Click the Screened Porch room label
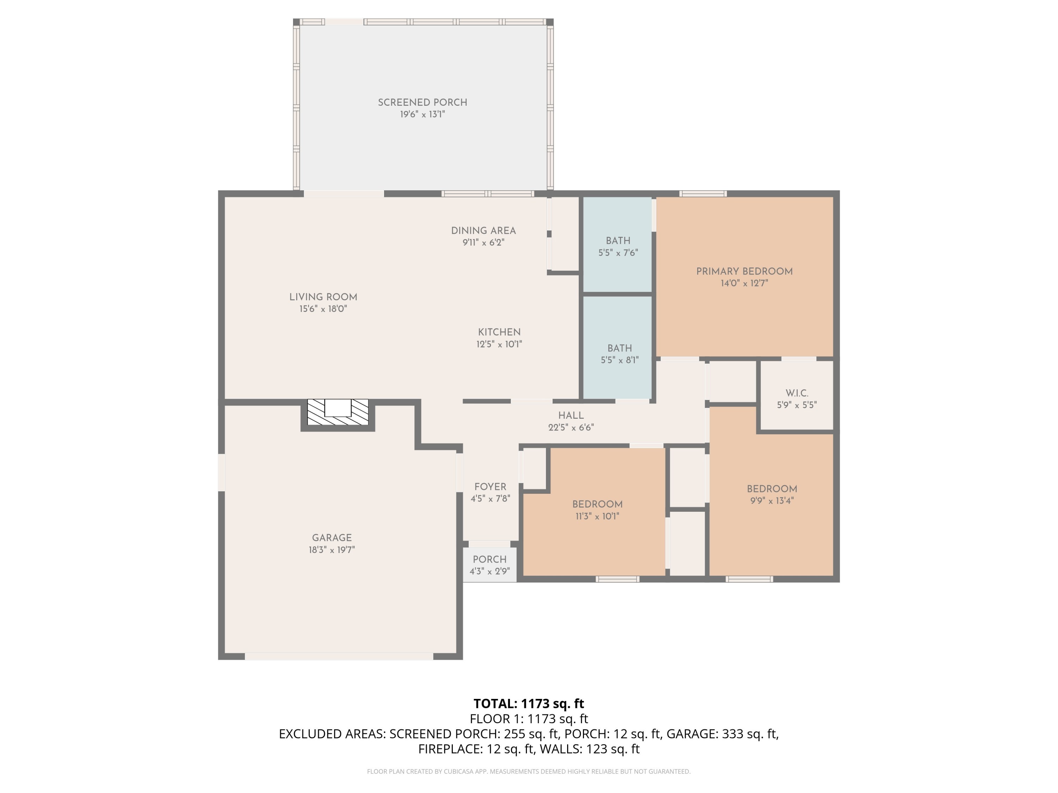click(422, 102)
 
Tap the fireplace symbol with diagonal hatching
click(338, 412)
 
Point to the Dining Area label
click(483, 230)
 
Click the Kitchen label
click(499, 332)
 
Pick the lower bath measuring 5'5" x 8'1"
click(618, 348)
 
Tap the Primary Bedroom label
click(744, 271)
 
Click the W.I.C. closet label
click(797, 393)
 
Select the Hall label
click(571, 416)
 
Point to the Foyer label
click(490, 487)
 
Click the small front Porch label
click(490, 559)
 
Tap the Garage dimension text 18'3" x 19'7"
click(332, 550)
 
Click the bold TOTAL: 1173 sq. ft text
click(529, 703)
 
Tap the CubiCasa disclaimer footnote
click(529, 772)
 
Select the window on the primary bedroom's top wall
click(703, 193)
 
